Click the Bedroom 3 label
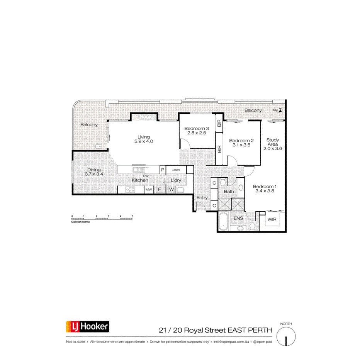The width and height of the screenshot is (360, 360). [197, 129]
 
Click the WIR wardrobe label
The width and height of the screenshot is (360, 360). [272, 219]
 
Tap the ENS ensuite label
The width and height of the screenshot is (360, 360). [238, 218]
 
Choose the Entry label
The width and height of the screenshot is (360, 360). [202, 198]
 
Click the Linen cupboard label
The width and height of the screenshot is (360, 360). [176, 170]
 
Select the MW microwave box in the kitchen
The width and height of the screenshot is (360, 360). [149, 190]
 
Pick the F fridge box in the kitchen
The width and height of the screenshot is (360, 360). [159, 190]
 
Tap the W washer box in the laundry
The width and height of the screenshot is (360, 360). [171, 190]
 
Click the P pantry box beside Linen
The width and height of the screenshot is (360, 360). [163, 170]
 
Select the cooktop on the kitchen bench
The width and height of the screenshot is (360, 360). [131, 190]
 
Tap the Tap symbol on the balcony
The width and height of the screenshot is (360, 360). [280, 110]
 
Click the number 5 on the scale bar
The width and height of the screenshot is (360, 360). [132, 216]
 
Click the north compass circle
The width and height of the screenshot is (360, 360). [286, 335]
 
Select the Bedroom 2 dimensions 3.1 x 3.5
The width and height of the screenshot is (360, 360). [241, 145]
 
